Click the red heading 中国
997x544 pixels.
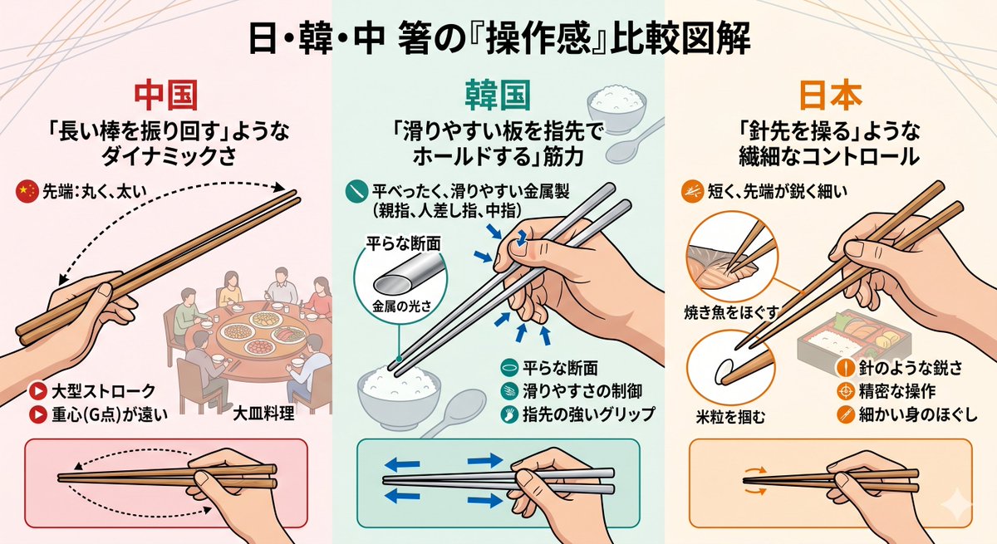pos(166,96)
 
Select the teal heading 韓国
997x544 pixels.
pos(498,96)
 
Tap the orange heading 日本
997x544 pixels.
pos(831,96)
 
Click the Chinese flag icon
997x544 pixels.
pos(27,192)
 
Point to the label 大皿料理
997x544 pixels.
pos(263,414)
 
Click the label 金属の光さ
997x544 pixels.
pos(401,306)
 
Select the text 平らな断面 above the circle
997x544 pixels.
pos(403,243)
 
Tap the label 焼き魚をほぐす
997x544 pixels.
pos(731,312)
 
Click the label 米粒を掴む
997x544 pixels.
pos(730,417)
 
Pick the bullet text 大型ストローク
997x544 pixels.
pos(103,391)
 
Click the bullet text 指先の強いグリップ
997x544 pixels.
pos(588,414)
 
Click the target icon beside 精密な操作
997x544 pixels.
pos(845,391)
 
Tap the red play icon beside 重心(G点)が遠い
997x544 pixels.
pos(38,414)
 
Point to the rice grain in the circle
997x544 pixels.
pos(724,370)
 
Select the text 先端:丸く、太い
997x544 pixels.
pos(95,192)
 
